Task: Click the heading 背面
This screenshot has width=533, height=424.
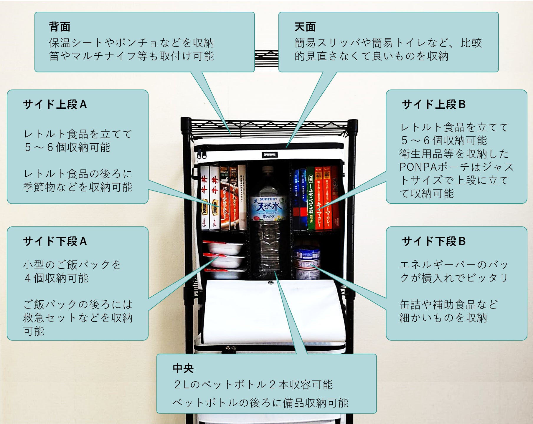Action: click(x=60, y=27)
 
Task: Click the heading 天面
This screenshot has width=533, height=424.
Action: click(x=305, y=27)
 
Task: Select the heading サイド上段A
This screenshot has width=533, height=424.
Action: click(x=55, y=104)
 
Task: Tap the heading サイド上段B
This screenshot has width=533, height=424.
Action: click(x=434, y=104)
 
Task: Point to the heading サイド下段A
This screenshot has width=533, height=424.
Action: click(x=55, y=241)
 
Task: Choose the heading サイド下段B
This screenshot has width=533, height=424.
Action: click(x=434, y=241)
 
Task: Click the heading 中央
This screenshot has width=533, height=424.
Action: click(x=183, y=368)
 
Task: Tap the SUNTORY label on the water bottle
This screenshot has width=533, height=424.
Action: click(x=268, y=199)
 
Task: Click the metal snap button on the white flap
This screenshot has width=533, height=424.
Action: click(x=270, y=284)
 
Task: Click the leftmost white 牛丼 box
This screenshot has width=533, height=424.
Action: click(x=204, y=197)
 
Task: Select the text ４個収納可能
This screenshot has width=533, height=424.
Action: click(x=57, y=278)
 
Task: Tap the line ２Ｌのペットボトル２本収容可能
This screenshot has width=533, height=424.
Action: click(x=253, y=384)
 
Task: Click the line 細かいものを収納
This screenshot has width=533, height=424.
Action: click(x=443, y=318)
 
